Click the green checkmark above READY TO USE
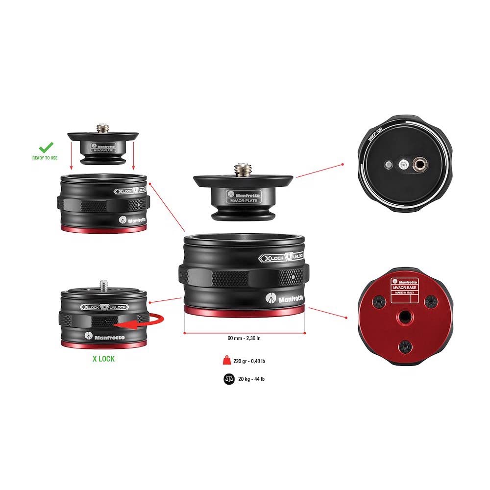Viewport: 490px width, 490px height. [x=46, y=147]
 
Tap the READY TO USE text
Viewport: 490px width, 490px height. [x=45, y=158]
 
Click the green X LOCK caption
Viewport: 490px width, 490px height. [x=103, y=359]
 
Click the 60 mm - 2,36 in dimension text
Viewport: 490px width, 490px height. [x=244, y=339]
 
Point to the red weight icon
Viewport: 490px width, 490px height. [x=228, y=361]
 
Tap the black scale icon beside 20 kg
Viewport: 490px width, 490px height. [x=228, y=379]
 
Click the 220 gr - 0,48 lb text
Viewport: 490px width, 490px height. [x=250, y=361]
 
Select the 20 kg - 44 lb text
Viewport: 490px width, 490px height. [x=252, y=379]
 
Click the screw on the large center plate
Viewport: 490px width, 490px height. [x=243, y=171]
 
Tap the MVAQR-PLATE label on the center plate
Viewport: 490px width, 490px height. [x=243, y=200]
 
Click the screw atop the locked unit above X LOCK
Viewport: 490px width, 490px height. [x=104, y=284]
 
